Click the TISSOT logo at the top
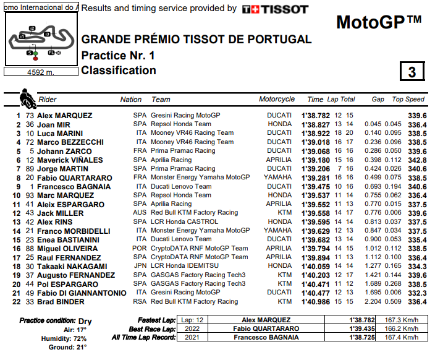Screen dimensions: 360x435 tap(274, 9)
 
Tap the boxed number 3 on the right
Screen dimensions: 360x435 tap(412, 72)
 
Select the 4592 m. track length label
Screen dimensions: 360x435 tap(40, 72)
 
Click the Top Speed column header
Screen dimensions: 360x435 tap(408, 99)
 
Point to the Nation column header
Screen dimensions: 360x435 tap(131, 99)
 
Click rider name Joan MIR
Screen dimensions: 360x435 tap(55, 124)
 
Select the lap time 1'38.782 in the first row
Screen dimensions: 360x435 tap(315, 116)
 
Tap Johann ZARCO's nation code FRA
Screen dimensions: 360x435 tap(140, 151)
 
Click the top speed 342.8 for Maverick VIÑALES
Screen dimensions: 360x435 tap(417, 160)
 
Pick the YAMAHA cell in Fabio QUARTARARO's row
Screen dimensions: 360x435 tap(277, 178)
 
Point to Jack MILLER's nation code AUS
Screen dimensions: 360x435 tap(140, 213)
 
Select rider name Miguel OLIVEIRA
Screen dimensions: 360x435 tap(67, 249)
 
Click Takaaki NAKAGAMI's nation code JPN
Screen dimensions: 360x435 tap(140, 266)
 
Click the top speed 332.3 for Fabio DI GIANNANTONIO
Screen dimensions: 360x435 tap(417, 293)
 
